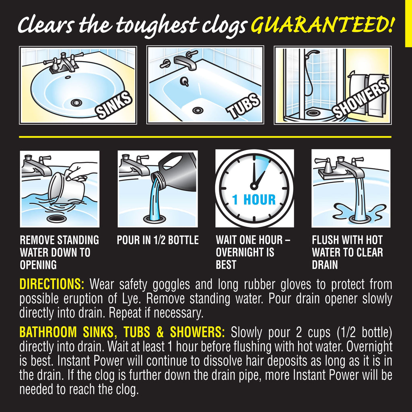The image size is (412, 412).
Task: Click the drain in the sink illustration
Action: tap(76, 103)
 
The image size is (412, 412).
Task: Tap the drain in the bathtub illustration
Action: tap(198, 110)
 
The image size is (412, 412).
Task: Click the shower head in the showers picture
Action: tap(312, 54)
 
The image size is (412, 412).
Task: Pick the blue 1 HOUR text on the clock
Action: tap(254, 200)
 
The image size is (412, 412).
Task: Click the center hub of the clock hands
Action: tap(254, 186)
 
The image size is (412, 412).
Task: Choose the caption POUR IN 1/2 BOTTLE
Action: tap(158, 240)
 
